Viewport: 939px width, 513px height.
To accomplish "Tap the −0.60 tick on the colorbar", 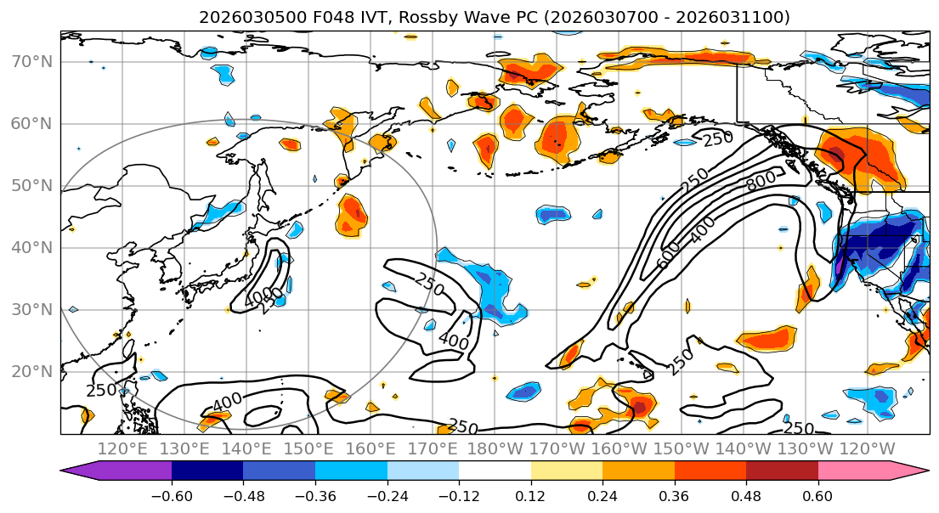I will tap(172, 494).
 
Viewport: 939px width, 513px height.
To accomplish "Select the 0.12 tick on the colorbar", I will tap(531, 494).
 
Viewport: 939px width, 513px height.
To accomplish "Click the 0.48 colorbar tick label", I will tap(746, 494).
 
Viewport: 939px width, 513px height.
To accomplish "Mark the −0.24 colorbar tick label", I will tap(387, 494).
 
